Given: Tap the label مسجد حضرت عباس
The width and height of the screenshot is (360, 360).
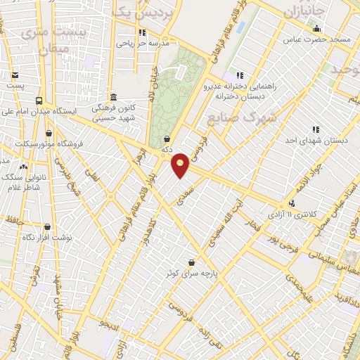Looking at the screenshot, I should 317,40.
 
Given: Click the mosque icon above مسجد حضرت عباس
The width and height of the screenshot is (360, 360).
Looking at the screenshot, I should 317,29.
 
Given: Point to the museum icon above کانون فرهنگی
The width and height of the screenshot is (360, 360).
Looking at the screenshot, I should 113,97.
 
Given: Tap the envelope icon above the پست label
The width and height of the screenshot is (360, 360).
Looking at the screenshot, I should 15,75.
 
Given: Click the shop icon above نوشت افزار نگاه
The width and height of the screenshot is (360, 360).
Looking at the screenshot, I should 47,226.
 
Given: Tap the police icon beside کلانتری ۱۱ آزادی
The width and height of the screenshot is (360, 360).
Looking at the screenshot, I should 291,203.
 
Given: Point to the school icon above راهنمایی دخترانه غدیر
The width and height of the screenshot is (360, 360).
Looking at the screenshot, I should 240,75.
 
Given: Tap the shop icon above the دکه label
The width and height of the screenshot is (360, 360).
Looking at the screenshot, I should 167,139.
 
